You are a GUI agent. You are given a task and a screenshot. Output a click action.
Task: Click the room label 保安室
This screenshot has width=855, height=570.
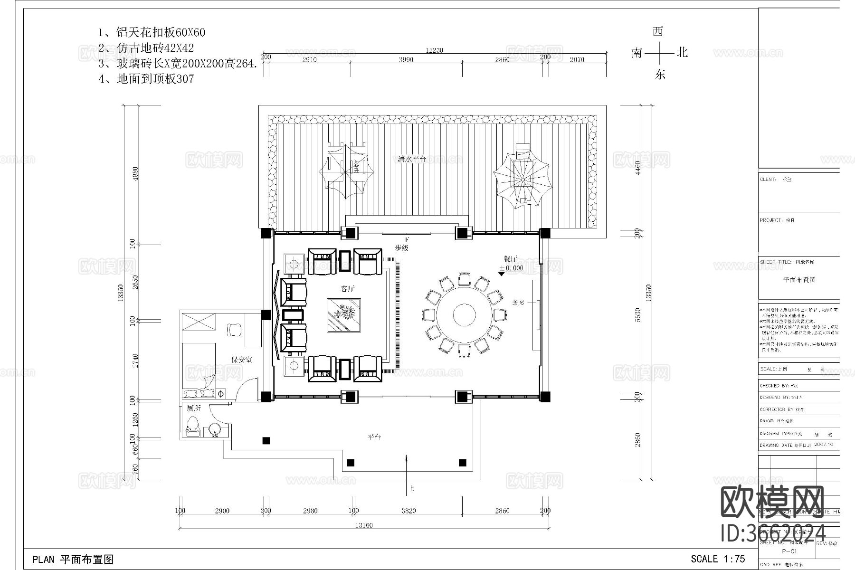click(241, 360)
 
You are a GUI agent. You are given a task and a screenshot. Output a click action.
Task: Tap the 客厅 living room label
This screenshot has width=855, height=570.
click(348, 288)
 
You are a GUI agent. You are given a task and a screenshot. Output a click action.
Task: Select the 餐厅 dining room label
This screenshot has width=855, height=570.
click(511, 259)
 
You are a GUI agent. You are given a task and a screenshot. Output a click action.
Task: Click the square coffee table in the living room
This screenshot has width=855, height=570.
click(343, 315)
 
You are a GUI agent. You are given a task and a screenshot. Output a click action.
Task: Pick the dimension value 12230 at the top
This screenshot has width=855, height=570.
click(434, 50)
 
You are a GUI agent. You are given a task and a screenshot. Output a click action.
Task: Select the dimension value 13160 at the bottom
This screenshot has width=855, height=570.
click(364, 525)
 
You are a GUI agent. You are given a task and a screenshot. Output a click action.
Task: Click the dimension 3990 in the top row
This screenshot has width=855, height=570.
click(406, 59)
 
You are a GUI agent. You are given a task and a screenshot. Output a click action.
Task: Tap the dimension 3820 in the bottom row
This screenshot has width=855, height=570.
click(408, 511)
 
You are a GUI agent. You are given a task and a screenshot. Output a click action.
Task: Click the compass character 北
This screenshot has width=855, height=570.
click(682, 52)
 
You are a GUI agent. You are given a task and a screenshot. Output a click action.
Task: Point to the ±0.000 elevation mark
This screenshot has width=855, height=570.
click(511, 268)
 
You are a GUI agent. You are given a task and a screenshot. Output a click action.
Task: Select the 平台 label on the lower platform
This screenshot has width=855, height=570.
click(374, 437)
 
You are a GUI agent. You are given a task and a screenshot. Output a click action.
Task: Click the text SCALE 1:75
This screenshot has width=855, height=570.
click(718, 559)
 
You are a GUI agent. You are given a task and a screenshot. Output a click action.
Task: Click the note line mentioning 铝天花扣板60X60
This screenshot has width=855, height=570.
click(152, 32)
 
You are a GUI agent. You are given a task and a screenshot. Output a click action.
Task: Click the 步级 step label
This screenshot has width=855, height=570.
click(401, 248)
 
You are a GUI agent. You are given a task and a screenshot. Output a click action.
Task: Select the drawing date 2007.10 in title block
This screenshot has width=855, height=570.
click(823, 445)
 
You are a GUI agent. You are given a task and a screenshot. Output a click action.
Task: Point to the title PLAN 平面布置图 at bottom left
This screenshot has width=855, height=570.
click(73, 560)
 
